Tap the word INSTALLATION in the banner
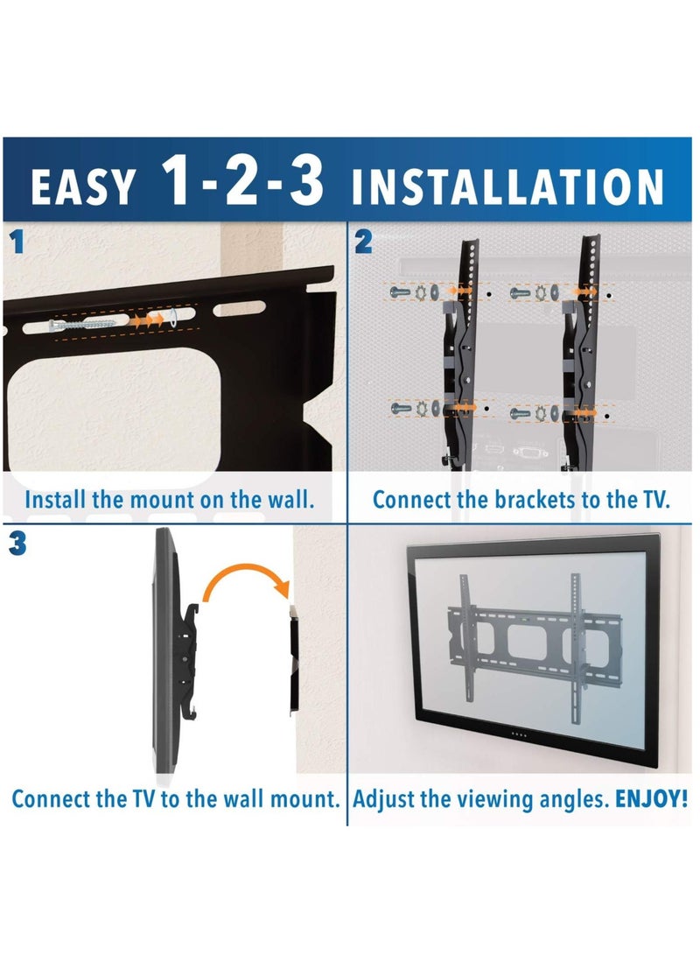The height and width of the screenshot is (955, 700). (507, 186)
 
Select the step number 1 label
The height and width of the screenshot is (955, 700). (17, 242)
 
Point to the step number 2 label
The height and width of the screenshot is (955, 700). (363, 242)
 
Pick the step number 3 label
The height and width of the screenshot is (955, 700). (17, 544)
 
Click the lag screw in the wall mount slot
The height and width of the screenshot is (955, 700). (81, 324)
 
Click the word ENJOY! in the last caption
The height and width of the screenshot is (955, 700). (651, 798)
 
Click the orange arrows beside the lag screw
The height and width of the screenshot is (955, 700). (147, 319)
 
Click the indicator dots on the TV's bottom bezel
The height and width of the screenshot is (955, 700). (519, 734)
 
